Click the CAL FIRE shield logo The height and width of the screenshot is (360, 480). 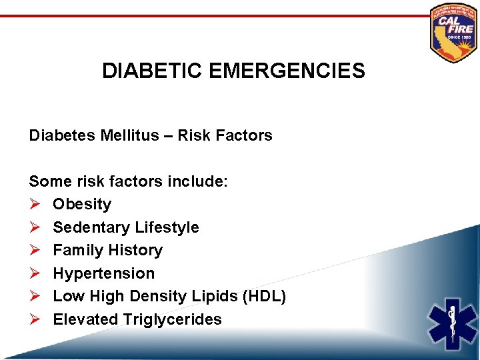pos(454,32)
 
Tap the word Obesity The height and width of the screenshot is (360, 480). pos(82,204)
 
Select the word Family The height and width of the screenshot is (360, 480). pos(79,250)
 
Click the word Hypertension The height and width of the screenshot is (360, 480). pos(103,273)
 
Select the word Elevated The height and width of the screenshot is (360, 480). pos(85,319)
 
